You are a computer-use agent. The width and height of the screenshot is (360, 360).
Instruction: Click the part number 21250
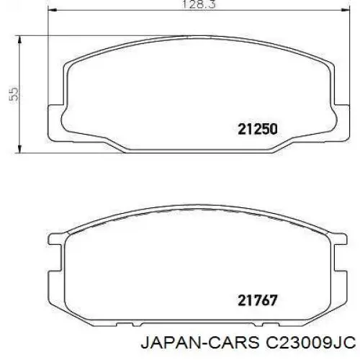(x=258, y=129)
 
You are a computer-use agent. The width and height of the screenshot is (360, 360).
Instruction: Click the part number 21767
(x=258, y=300)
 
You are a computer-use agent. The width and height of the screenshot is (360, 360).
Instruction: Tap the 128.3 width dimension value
(x=199, y=4)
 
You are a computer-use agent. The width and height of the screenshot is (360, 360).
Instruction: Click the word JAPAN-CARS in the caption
(x=200, y=343)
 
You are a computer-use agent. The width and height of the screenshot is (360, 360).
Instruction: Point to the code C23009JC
(x=310, y=343)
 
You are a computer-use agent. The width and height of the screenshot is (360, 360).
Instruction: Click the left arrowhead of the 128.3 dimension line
(x=53, y=10)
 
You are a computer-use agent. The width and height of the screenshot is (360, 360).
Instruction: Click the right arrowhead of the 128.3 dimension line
(x=346, y=10)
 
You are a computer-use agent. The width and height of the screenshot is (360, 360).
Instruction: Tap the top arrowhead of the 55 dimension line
(x=19, y=40)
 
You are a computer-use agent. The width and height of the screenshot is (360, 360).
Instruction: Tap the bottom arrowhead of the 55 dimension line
(x=19, y=148)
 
